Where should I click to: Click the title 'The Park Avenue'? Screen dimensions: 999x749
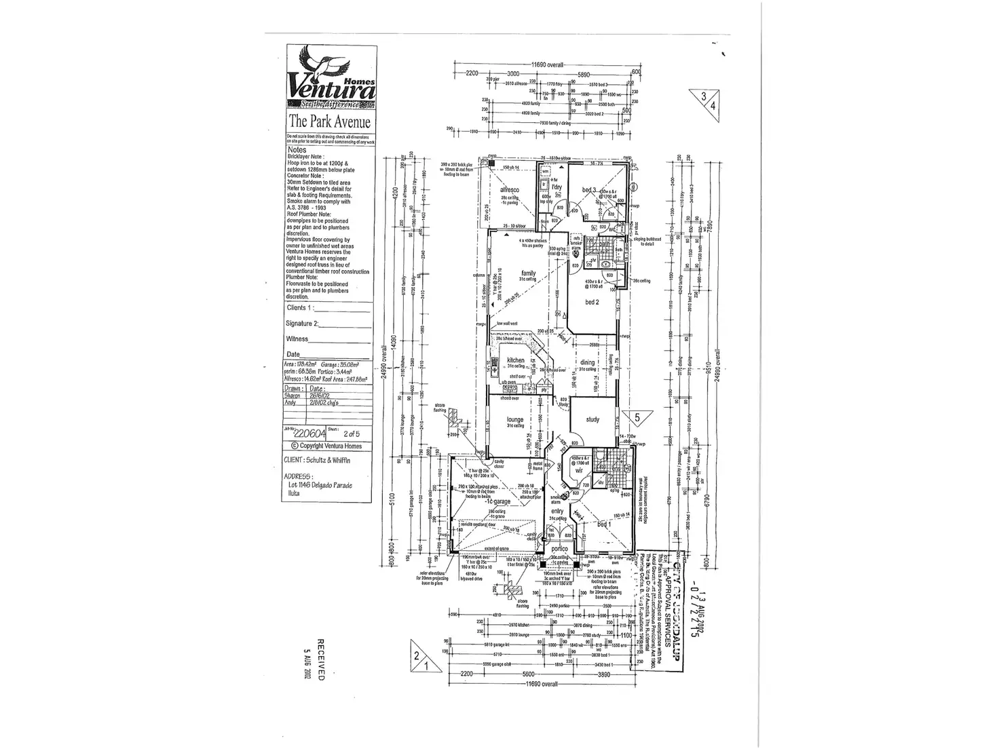click(x=329, y=122)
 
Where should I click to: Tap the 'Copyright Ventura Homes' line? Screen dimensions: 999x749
click(x=326, y=446)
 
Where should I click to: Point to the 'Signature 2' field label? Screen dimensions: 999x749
click(x=303, y=324)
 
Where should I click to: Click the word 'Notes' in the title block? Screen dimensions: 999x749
click(x=297, y=150)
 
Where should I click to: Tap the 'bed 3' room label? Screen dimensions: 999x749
click(x=588, y=189)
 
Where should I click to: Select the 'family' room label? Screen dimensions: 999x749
click(x=529, y=273)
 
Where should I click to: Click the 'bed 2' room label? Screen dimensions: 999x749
click(x=592, y=302)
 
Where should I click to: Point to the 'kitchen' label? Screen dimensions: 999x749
click(x=516, y=360)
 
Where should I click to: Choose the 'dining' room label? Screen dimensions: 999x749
click(x=588, y=363)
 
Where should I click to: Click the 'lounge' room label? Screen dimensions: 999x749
click(x=515, y=420)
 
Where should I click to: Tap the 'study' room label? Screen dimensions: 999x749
click(x=592, y=419)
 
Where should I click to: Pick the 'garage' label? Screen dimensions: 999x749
click(x=503, y=501)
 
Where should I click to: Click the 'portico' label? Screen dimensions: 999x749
click(x=559, y=548)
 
